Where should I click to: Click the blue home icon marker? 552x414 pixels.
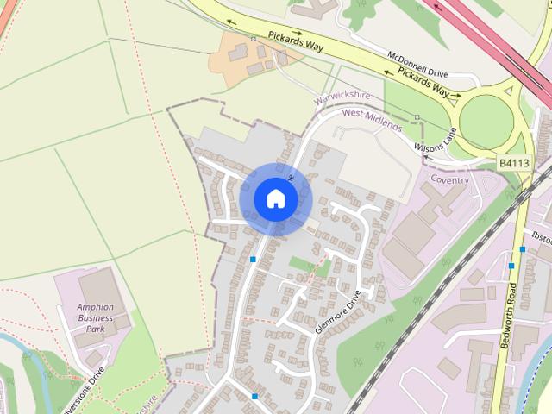point(275,198)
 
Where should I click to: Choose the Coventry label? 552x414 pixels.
point(449,180)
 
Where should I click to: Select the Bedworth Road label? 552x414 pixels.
point(509,315)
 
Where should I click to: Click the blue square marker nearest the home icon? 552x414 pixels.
point(253,259)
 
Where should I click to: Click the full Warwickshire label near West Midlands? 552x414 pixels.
point(342,101)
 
